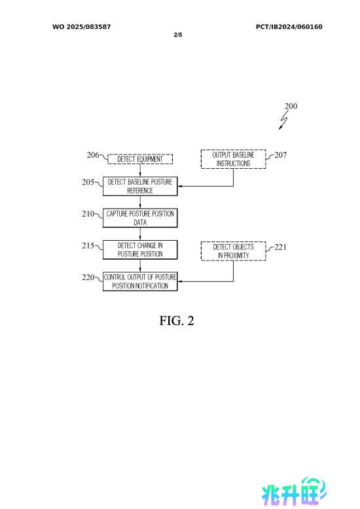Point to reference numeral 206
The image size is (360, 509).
92,155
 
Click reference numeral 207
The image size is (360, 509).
280,155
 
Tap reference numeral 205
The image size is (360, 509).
88,182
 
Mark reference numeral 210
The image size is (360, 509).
88,213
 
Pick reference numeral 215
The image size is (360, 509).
88,245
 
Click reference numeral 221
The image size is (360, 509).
280,247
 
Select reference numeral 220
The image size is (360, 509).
88,277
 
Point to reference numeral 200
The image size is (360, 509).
291,106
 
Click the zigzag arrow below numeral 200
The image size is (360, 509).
283,120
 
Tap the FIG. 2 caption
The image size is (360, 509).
177,321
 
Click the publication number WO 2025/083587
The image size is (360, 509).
82,27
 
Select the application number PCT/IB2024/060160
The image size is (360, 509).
289,27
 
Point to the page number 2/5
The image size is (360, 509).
178,35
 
